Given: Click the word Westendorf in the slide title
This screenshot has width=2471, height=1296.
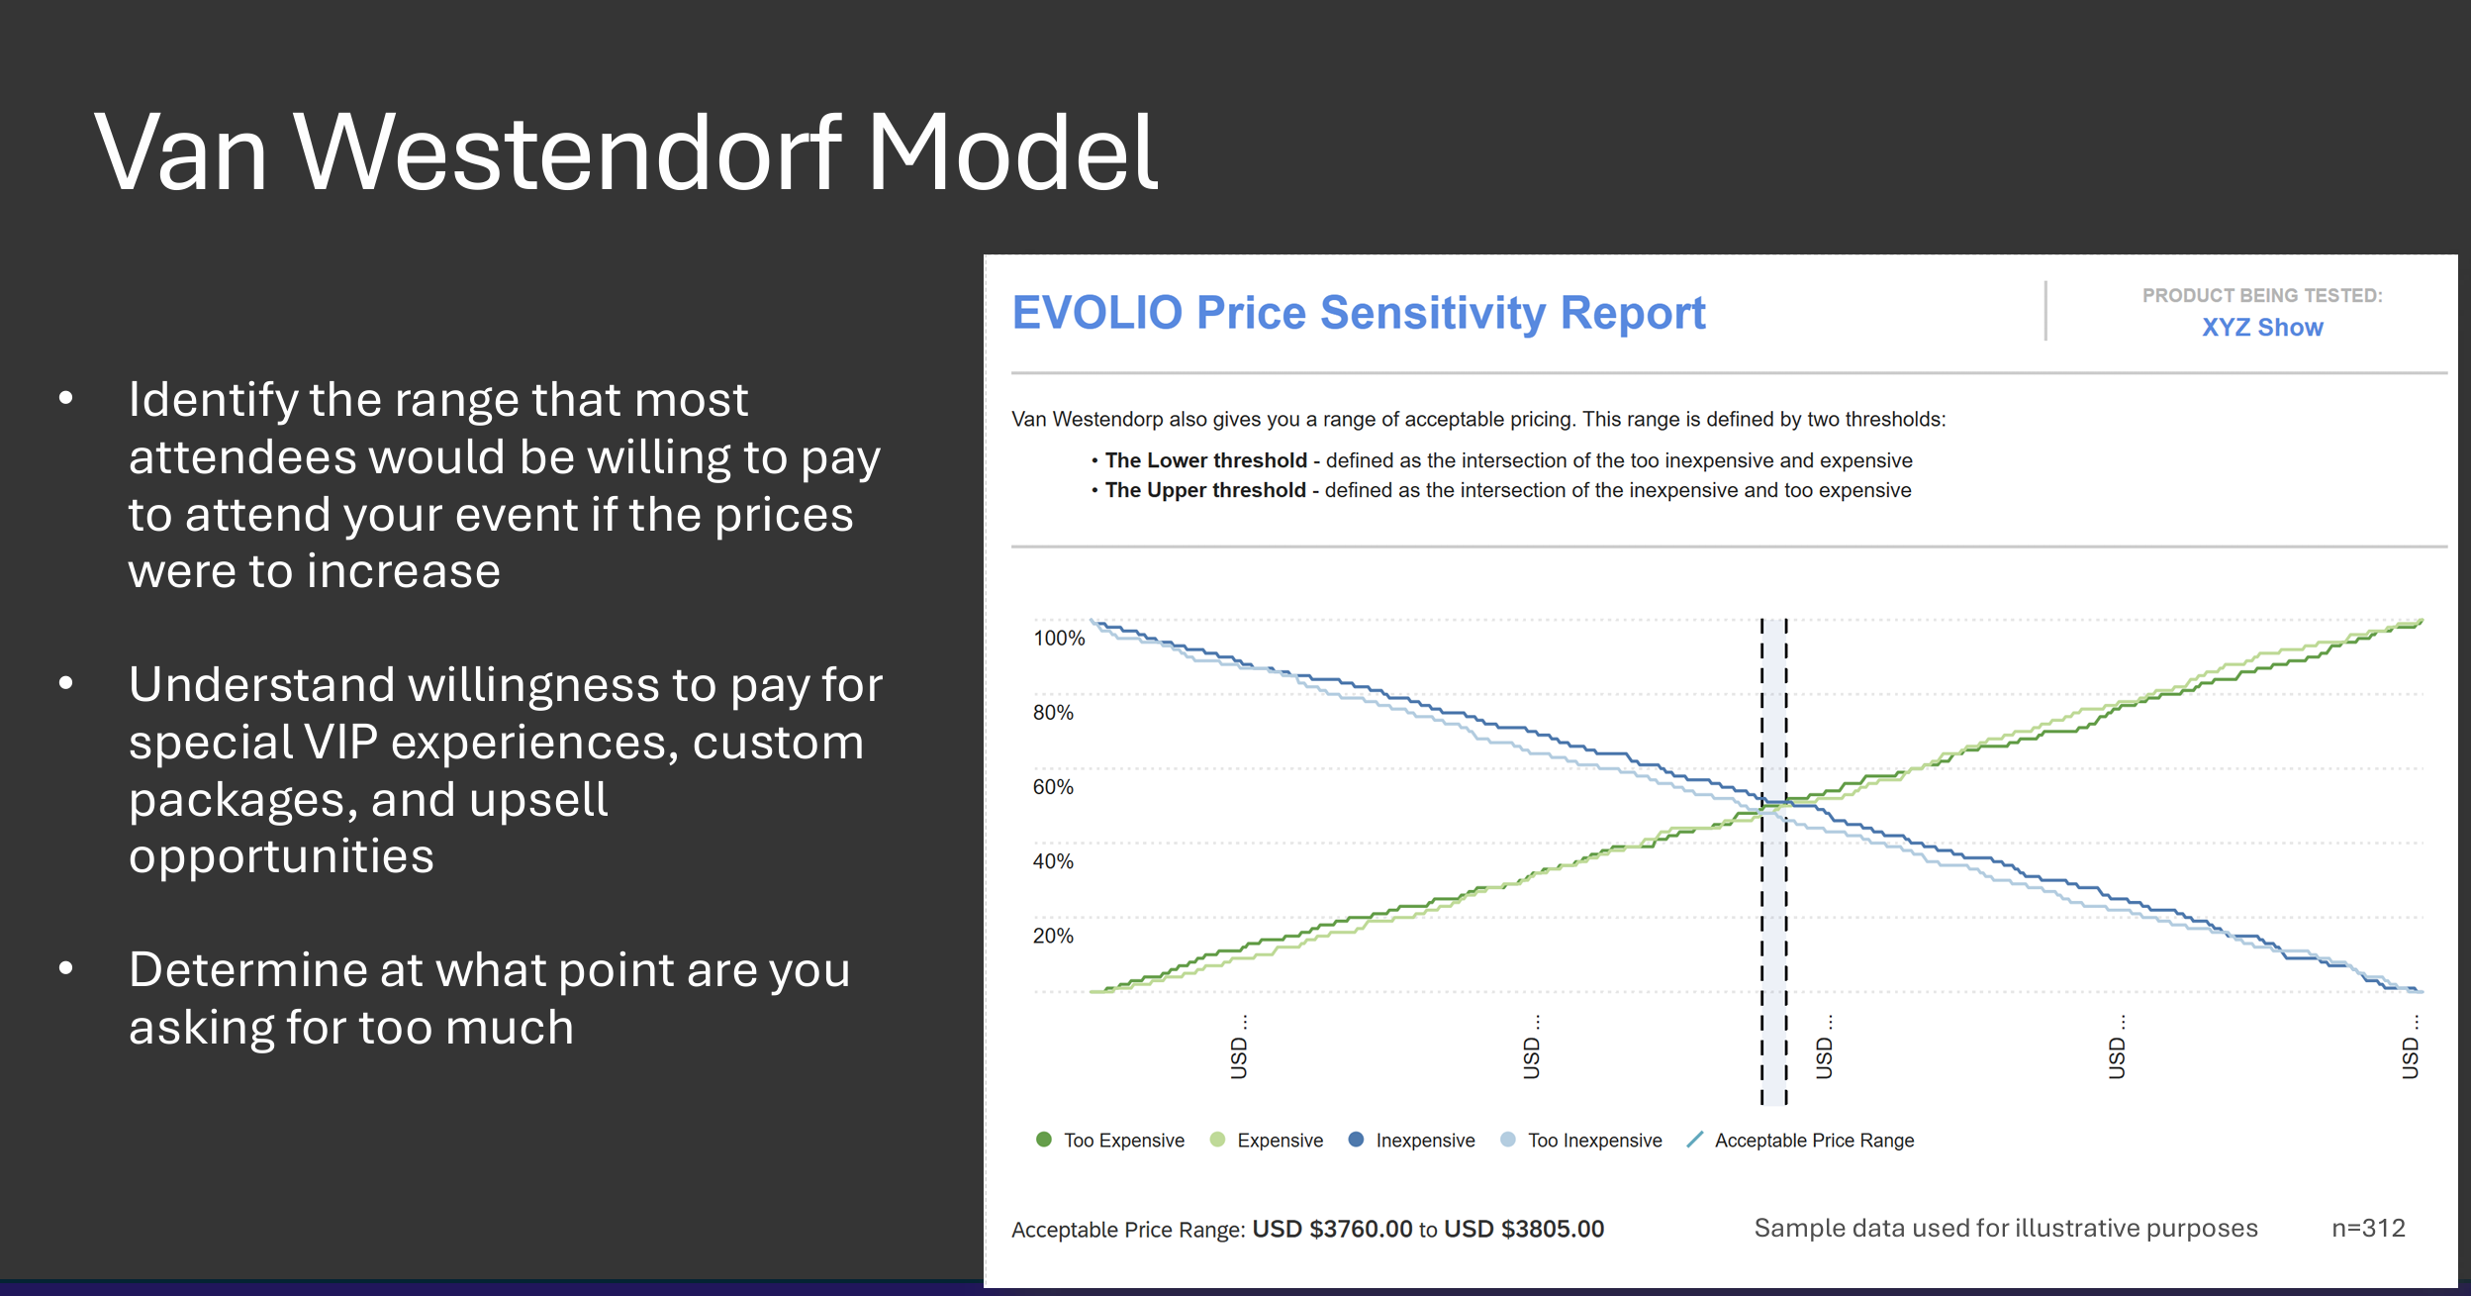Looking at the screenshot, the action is pos(569,153).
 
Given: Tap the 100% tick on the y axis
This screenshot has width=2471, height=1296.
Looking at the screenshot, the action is pos(1059,639).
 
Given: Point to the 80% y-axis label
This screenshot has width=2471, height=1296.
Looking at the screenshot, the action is pos(1053,713).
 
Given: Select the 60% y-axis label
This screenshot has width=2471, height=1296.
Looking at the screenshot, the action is pos(1053,787).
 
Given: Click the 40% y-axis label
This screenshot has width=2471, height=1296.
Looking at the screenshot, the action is pos(1053,861).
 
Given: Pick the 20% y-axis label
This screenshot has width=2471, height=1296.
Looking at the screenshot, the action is pos(1053,936).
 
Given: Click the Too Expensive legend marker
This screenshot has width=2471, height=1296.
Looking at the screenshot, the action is pos(1043,1140).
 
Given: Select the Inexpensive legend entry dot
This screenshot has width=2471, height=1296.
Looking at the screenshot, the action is pos(1356,1140).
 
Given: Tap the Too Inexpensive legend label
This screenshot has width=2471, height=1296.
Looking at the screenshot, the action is pos(1595,1141).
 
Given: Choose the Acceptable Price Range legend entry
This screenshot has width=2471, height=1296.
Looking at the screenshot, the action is pos(1800,1141).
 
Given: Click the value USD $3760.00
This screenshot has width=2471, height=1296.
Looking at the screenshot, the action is pos(1332,1230).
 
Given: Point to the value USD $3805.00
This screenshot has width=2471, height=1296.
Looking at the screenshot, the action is pos(1524,1230).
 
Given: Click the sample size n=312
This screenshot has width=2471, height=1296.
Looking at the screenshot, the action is pos(2368,1229).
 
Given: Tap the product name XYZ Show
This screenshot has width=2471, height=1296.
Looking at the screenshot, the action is pos(2262,328).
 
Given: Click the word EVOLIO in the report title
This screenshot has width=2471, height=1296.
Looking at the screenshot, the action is pos(1097,313).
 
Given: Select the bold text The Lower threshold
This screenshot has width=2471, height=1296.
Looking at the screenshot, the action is pos(1206,460).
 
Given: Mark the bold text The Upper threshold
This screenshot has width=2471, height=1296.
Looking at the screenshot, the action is pos(1205,490).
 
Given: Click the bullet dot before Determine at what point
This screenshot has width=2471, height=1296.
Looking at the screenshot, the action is pos(66,968).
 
